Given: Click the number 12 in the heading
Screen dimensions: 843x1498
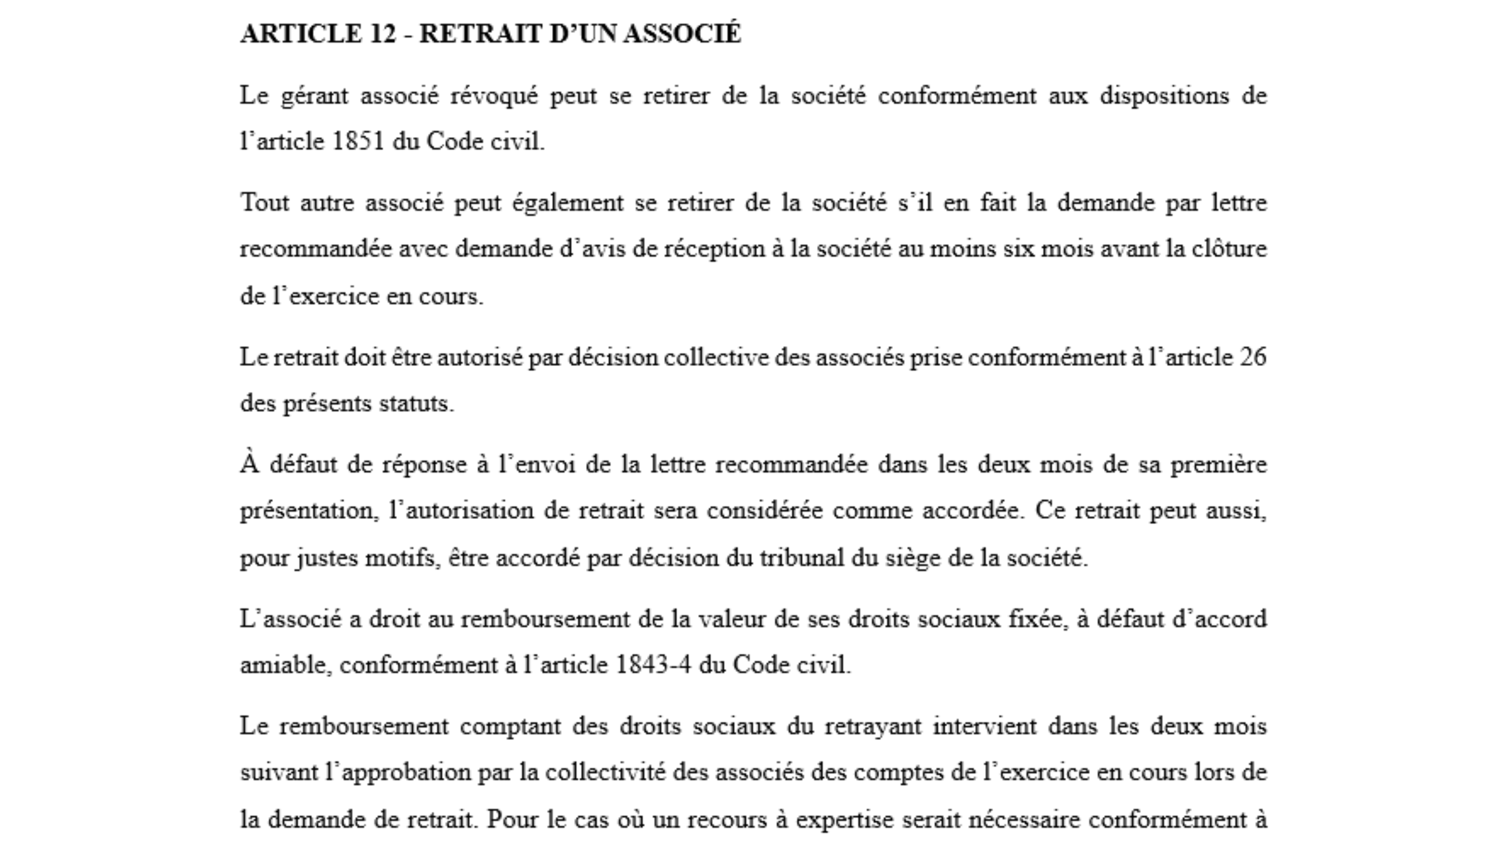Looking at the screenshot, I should (x=382, y=34).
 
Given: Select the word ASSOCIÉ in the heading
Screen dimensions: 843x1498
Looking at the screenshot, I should (x=682, y=34).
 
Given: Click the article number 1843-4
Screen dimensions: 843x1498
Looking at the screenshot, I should (x=653, y=665).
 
